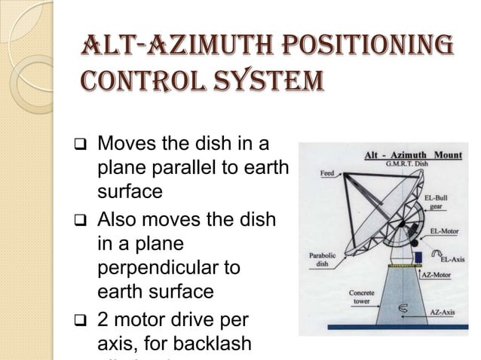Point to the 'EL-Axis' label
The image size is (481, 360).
451,259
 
